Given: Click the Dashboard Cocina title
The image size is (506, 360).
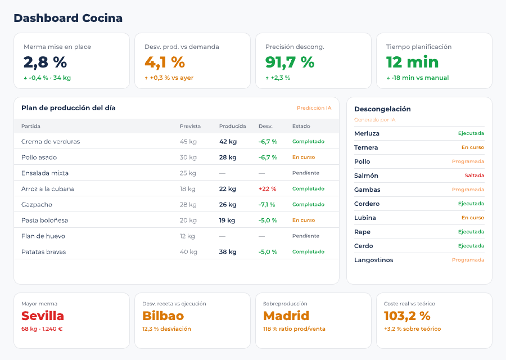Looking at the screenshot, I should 68,18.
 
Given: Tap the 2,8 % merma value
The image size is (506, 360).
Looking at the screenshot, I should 45,62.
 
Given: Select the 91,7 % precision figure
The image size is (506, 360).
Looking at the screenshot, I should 290,62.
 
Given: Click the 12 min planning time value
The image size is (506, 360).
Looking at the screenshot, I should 412,62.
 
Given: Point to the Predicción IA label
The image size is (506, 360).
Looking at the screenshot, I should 314,108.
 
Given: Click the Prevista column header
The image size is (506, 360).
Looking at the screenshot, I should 190,126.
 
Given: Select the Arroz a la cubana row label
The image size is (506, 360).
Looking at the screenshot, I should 48,189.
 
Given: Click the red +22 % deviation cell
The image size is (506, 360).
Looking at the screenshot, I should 268,189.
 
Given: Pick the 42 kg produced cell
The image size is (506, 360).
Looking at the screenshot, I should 228,142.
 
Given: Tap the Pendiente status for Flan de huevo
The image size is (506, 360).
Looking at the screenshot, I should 305,236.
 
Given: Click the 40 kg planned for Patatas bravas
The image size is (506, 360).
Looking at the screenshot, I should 188,252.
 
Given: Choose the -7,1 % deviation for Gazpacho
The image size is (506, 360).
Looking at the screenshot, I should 267,205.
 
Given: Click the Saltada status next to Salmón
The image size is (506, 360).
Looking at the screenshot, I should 474,175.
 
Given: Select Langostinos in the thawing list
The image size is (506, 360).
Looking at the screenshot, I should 373,260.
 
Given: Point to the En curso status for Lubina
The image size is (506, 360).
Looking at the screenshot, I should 472,218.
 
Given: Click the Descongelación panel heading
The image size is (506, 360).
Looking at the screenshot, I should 382,109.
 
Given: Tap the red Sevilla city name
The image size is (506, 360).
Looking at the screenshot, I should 43,316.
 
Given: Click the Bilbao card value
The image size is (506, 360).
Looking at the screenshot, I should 162,316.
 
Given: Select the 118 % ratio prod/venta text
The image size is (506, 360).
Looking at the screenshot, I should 294,329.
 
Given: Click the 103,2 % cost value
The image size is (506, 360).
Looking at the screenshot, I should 407,316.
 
